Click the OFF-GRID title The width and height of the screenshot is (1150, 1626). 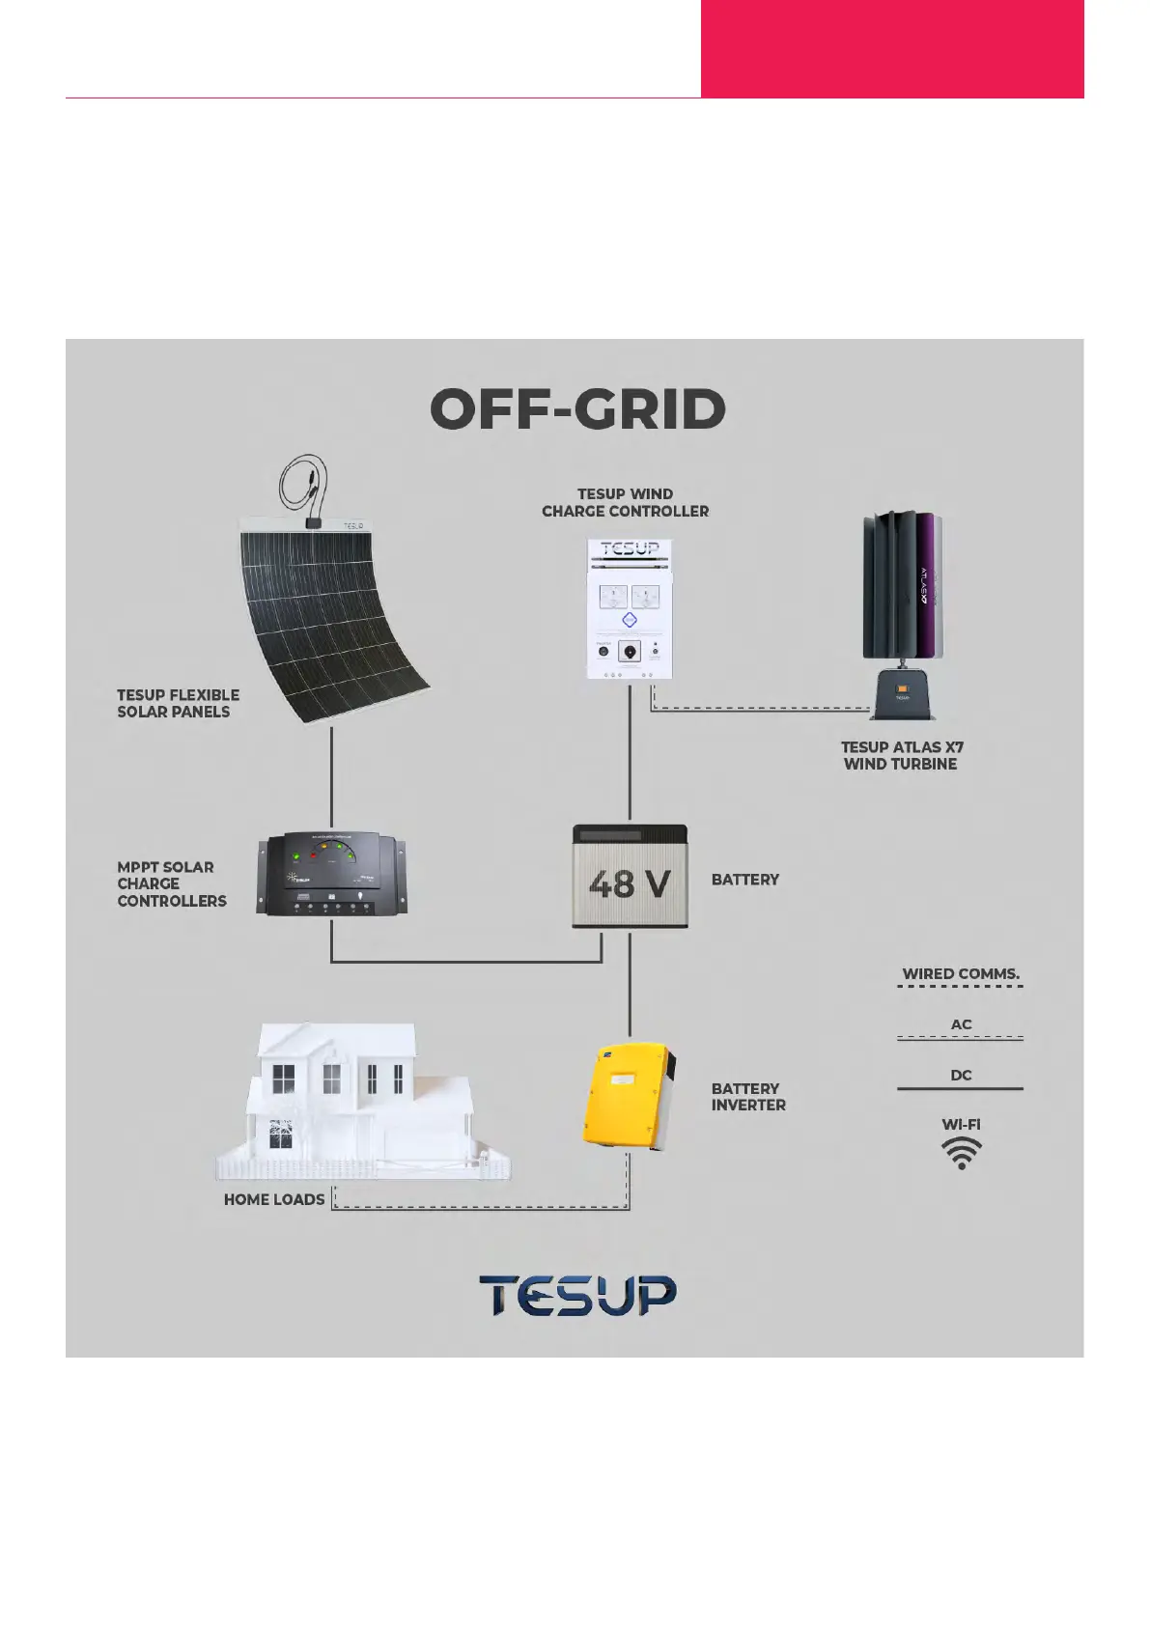(x=577, y=409)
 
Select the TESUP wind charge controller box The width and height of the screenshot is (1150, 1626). (x=629, y=610)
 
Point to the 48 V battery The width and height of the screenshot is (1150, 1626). (x=630, y=877)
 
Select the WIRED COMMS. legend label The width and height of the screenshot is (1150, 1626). (x=961, y=973)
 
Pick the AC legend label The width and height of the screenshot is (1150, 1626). (x=961, y=1024)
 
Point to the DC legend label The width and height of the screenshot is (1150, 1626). (x=961, y=1075)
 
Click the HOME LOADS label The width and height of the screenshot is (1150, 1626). (x=274, y=1199)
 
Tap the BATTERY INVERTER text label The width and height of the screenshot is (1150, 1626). (x=748, y=1097)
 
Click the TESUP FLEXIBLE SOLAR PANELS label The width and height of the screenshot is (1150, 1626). (x=178, y=703)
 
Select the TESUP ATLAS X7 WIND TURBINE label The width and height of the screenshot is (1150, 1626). (x=901, y=755)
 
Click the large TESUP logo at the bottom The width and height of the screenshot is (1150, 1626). (x=577, y=1295)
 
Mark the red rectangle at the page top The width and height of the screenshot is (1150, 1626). (x=891, y=48)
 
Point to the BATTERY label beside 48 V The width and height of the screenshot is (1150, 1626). (x=744, y=880)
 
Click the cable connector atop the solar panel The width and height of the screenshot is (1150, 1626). (x=312, y=522)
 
